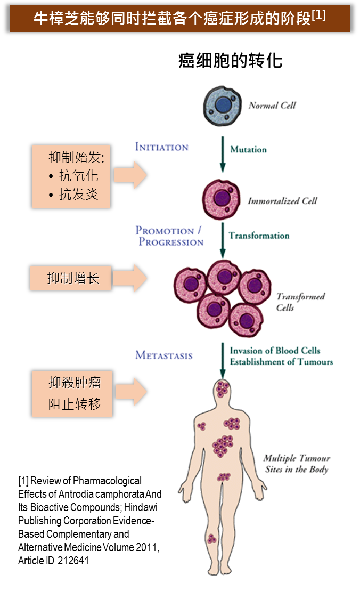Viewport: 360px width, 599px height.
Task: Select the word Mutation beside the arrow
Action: pos(248,150)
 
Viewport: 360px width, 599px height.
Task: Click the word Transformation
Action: pos(259,236)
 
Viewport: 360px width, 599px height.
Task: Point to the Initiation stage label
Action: pos(161,147)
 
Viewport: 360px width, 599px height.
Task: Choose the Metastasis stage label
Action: pos(163,355)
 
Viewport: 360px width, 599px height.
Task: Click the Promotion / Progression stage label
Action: pos(169,236)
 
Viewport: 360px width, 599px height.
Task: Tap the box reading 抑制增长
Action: pos(71,278)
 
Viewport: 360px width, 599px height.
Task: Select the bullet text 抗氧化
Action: pos(78,175)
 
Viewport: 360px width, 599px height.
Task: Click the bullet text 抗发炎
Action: pos(78,194)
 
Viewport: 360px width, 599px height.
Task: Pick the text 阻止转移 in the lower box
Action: pos(75,403)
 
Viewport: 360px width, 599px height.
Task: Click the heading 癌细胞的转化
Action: pos(230,61)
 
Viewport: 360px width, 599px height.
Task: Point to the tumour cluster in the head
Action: pos(223,388)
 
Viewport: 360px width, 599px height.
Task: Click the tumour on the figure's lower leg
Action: pos(212,539)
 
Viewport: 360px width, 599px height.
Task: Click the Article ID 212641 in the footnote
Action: pos(53,561)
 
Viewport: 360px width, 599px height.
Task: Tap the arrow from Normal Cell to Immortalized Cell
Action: pos(222,154)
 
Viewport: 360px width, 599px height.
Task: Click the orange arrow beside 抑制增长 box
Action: pos(132,278)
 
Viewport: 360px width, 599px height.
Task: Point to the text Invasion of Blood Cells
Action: pos(275,351)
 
